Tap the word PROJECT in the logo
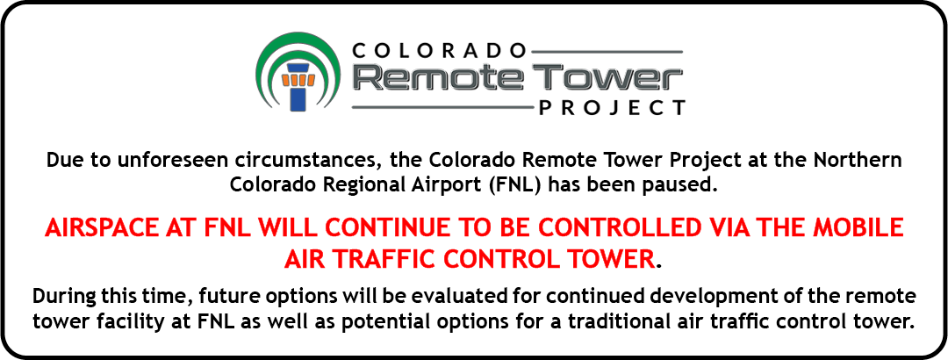(612, 108)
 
